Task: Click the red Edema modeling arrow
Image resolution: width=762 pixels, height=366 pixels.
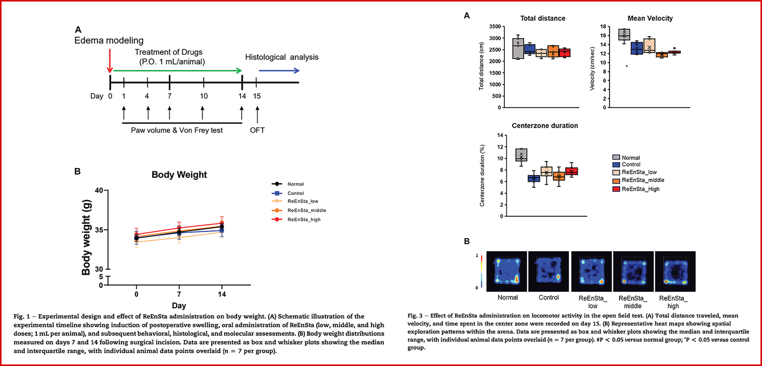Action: coord(110,61)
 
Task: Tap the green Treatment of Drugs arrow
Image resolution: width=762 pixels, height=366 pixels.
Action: coord(178,71)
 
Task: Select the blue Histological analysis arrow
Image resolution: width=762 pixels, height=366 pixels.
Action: coord(279,71)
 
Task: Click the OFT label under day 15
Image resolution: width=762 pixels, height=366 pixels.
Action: coord(257,130)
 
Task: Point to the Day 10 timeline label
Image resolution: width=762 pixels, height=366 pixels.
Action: coord(204,96)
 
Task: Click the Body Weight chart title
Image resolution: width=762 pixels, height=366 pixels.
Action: coord(179,175)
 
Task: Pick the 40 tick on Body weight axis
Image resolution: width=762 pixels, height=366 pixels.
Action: coord(99,190)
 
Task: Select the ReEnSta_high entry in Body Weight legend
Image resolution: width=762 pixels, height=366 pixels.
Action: coord(304,220)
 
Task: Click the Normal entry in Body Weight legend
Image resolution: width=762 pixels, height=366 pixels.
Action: coord(296,184)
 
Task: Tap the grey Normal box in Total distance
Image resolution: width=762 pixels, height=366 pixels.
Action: coord(518,48)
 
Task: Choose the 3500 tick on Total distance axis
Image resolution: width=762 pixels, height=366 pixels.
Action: coord(495,27)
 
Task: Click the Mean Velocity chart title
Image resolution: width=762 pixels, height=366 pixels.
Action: coord(650,18)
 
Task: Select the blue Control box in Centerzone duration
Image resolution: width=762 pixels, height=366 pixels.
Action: coord(534,178)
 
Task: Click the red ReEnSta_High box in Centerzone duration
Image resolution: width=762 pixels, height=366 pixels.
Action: coord(571,171)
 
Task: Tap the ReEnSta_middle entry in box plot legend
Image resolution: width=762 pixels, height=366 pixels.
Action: coord(643,180)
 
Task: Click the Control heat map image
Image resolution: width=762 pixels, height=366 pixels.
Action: coord(549,271)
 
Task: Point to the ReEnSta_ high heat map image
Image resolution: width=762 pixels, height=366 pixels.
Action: coord(675,271)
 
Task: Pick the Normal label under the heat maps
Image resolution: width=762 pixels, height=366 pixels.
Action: coord(507,298)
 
